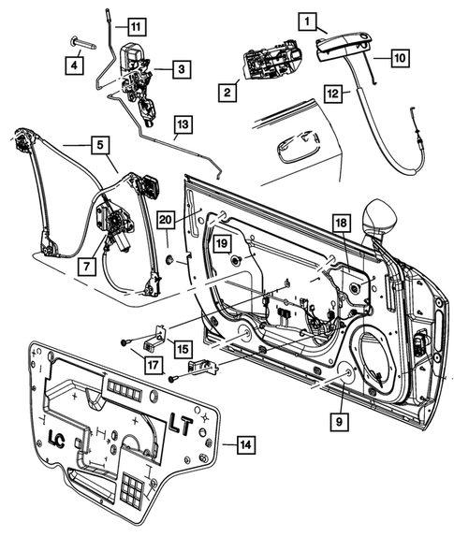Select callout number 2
coord(227,91)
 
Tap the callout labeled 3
coord(182,67)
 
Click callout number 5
coord(97,144)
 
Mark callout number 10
coord(399,57)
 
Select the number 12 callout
coord(334,93)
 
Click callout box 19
coord(221,242)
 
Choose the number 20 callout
coord(167,220)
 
